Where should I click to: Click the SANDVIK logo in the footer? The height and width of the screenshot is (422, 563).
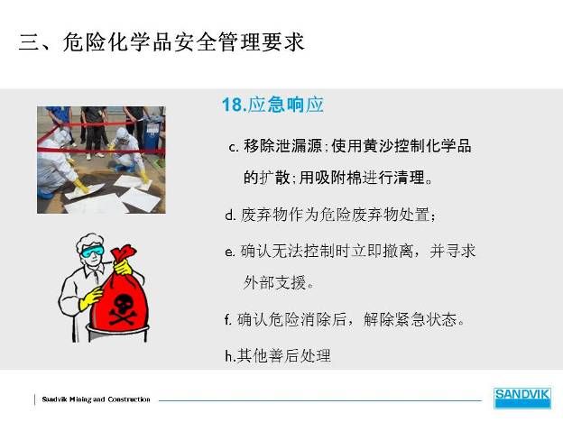521,398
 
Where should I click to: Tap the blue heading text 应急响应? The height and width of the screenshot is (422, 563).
286,105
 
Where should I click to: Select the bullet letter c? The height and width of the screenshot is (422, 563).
234,148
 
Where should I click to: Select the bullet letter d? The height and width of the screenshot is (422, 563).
230,215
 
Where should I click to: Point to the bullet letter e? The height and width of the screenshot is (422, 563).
230,252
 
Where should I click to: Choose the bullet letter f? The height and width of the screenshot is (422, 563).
228,319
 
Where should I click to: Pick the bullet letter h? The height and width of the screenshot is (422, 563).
229,356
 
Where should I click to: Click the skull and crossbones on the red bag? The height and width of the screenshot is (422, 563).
123,310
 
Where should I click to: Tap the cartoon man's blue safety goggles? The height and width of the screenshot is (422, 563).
92,252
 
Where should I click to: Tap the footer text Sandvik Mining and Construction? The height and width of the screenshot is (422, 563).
96,399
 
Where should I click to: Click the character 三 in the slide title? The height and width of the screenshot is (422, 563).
30,42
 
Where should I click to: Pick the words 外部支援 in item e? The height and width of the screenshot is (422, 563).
274,283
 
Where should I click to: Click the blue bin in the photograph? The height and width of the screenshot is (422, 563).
153,132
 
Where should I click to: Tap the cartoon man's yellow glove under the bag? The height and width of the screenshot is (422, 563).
90,298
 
